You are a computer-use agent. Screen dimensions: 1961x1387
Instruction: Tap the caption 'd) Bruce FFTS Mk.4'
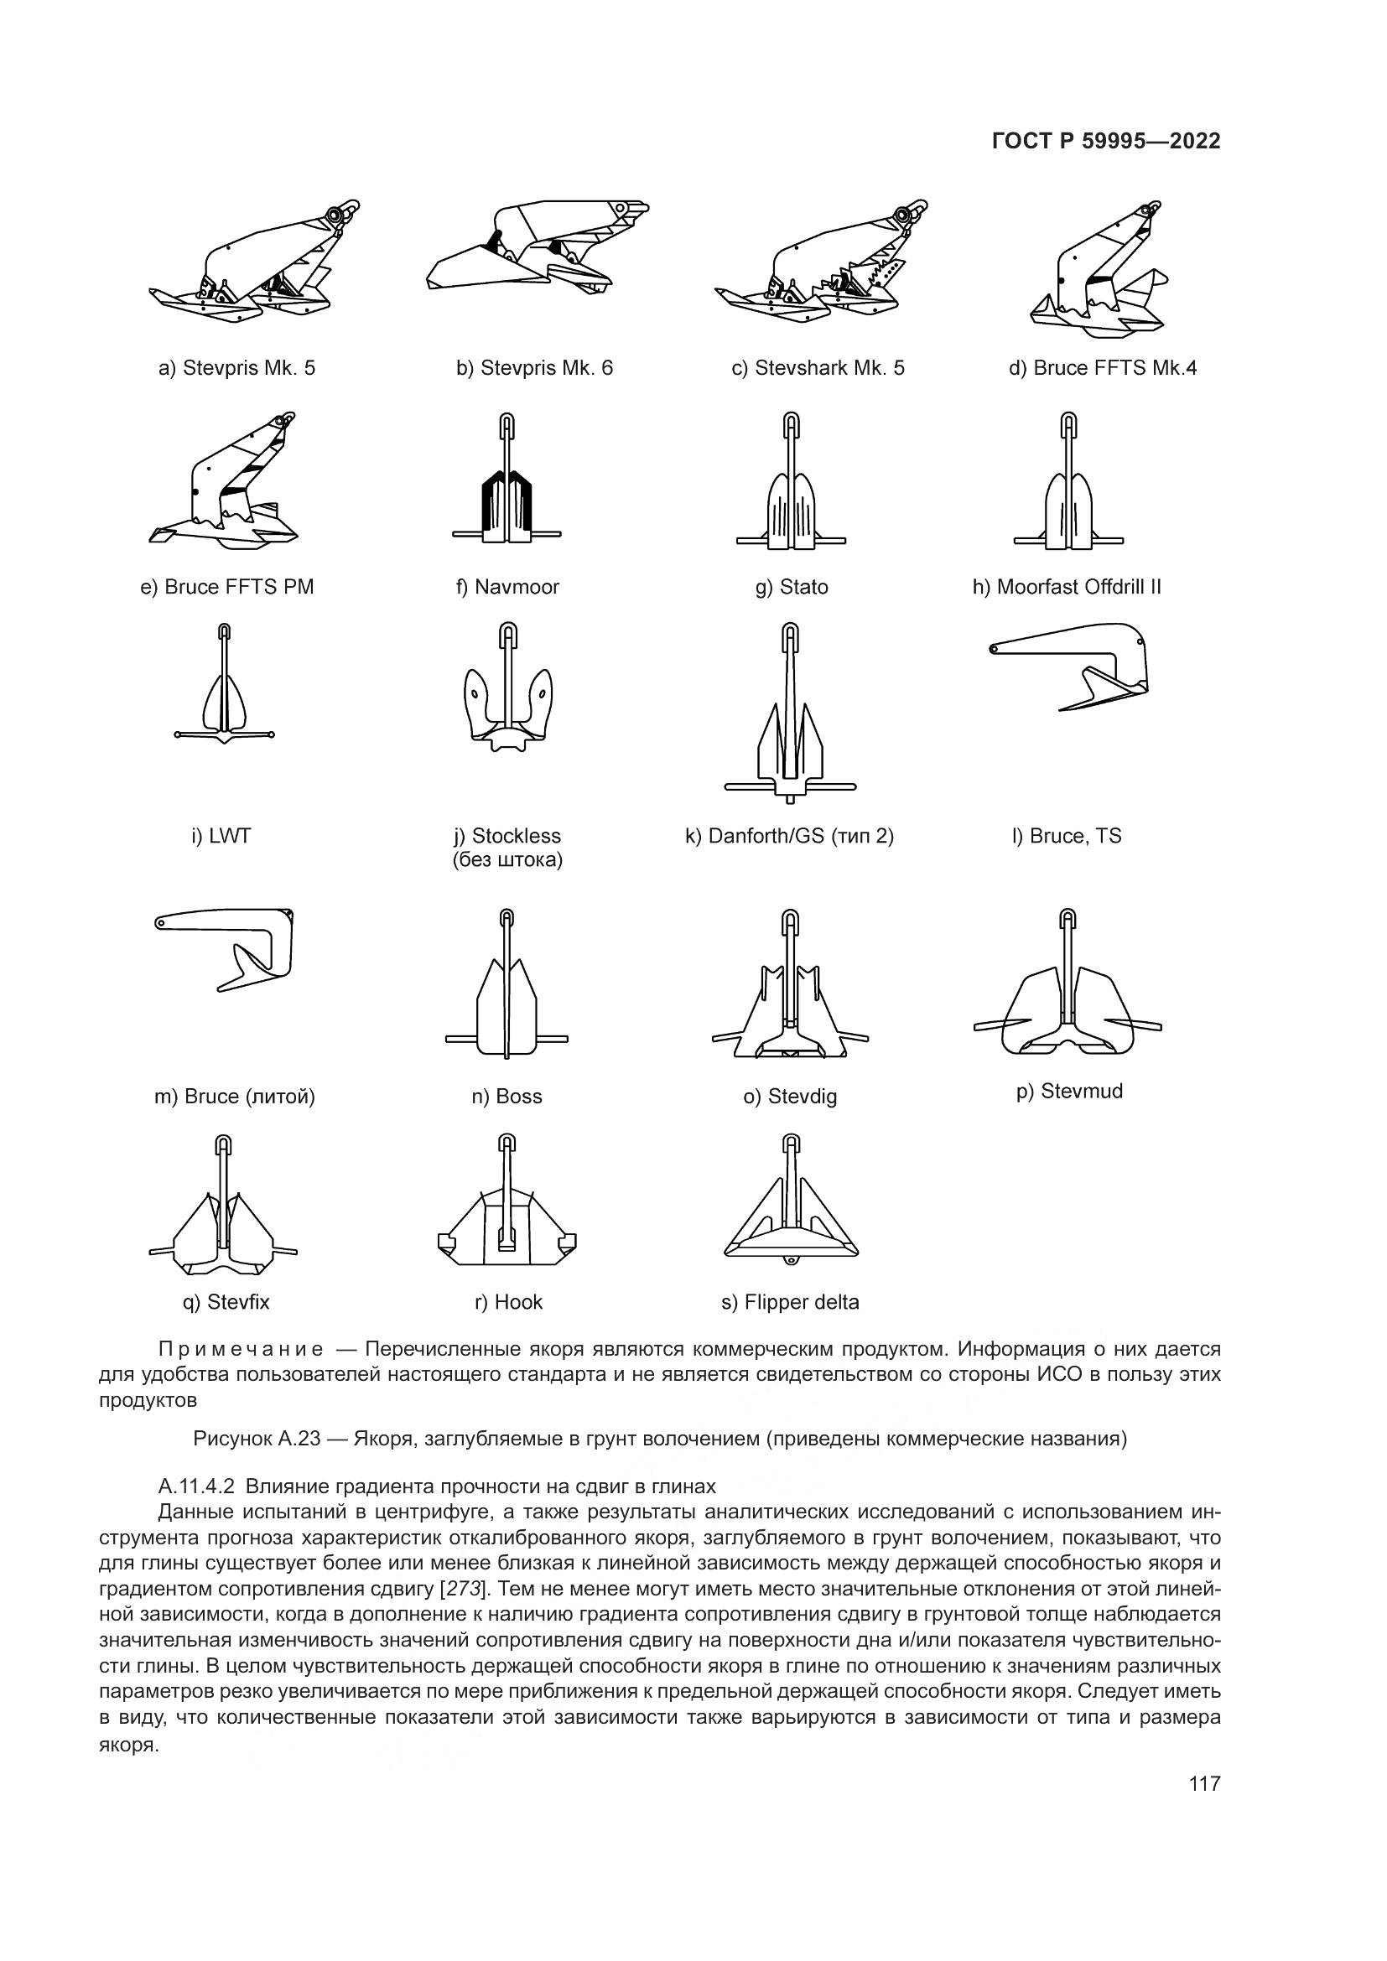click(1103, 368)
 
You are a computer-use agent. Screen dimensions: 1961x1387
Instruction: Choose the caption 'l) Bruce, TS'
click(1067, 836)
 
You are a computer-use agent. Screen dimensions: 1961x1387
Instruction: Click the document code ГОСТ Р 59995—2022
click(1106, 142)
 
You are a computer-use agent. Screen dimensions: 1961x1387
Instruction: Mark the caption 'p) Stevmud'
click(1069, 1092)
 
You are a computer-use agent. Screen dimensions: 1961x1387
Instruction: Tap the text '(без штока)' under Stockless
click(507, 859)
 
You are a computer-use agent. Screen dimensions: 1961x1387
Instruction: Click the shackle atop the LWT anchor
click(224, 633)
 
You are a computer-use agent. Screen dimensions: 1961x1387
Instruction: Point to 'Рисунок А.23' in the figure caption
click(257, 1440)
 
